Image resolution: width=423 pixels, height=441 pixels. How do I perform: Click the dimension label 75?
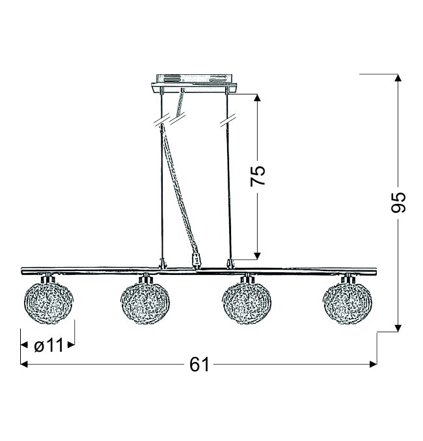258,175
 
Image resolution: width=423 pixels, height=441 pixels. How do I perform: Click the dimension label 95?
398,202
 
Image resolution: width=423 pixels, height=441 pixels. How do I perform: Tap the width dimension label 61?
199,365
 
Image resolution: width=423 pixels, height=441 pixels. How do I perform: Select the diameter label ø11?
49,345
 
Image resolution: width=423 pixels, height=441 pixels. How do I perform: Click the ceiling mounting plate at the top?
195,83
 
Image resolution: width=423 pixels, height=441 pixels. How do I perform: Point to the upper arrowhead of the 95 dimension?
398,78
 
